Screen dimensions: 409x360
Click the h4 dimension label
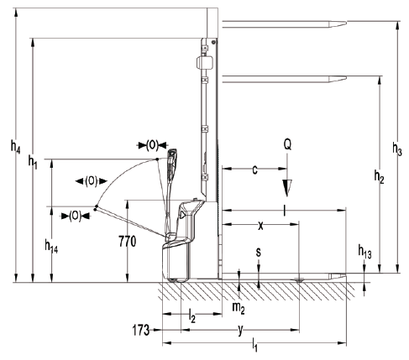click(15, 147)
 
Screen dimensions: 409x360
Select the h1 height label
click(33, 162)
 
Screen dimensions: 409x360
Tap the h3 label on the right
click(397, 149)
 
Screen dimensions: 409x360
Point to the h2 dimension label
click(379, 177)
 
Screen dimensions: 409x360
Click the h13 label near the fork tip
click(365, 252)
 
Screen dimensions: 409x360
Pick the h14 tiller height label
click(51, 246)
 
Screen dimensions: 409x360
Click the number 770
click(128, 242)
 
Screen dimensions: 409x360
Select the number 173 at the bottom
click(141, 330)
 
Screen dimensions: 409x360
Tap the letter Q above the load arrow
click(287, 144)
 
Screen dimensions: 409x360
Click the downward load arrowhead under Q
click(287, 188)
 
